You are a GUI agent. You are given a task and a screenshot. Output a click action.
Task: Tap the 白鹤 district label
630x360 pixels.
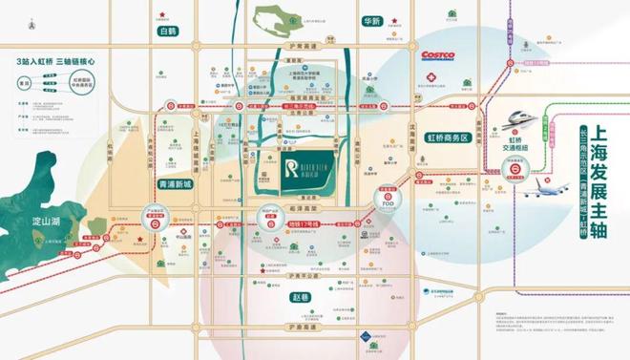(169, 31)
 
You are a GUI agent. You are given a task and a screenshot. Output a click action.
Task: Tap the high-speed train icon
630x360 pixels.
(520, 117)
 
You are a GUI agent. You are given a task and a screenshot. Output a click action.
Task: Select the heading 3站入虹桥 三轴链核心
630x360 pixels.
(55, 59)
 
